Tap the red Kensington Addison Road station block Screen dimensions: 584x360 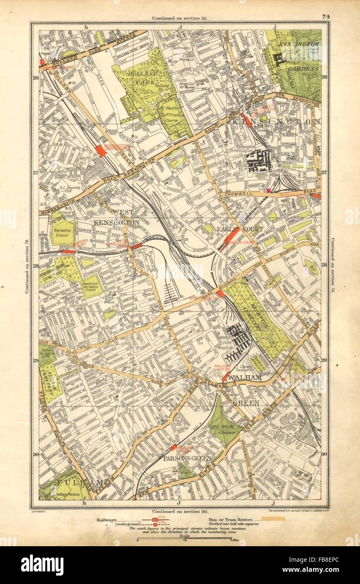coord(100,151)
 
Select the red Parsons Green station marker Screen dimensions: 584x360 coord(173,447)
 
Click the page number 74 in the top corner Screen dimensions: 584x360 coord(325,17)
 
